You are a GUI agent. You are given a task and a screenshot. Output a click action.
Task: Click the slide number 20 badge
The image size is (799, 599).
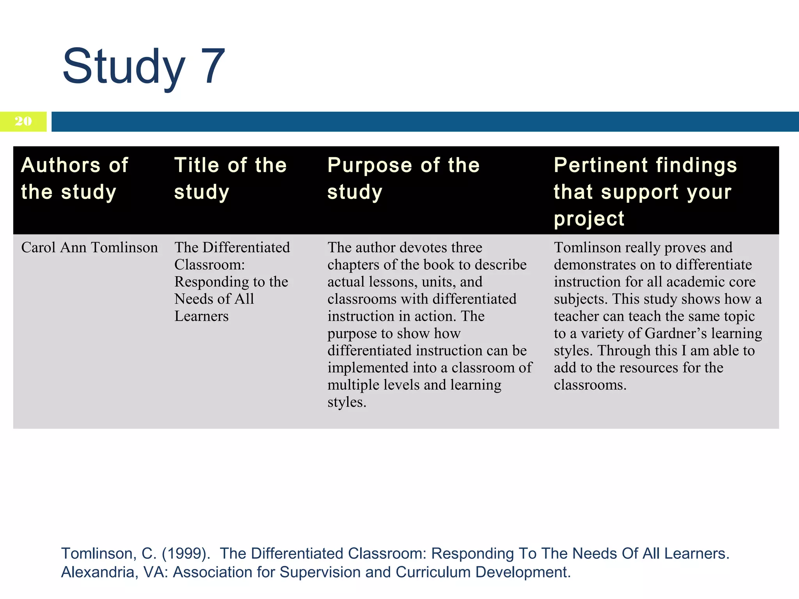coord(23,121)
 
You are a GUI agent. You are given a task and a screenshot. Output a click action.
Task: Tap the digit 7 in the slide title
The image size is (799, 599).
coord(213,66)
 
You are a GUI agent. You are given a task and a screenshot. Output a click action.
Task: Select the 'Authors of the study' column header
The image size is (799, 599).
coord(75,178)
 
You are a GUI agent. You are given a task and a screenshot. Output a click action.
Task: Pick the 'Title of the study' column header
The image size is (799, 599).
coord(230,178)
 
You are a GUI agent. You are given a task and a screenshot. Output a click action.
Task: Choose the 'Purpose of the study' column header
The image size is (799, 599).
coord(403,178)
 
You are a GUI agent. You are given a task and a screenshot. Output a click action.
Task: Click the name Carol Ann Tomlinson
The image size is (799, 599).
coord(89,248)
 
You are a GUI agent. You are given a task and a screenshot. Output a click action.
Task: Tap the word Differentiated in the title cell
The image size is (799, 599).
coord(246,248)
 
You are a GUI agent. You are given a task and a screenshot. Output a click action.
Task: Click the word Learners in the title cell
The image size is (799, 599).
coord(201,316)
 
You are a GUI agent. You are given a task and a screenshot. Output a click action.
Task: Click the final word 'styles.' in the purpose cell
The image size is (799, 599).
coord(347,402)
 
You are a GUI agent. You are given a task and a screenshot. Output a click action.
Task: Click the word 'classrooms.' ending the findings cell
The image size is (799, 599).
coord(590,385)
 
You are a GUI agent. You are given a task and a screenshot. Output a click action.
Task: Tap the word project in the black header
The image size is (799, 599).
coord(589,219)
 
